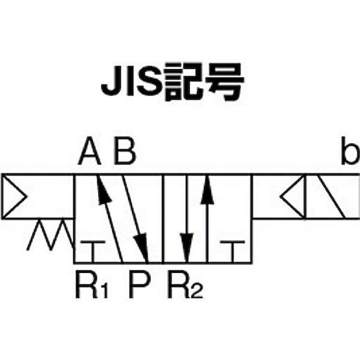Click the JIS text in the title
tap(132, 81)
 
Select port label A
tap(90, 151)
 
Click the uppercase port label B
tap(125, 151)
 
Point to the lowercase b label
tap(350, 151)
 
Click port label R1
tap(91, 284)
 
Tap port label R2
tap(185, 284)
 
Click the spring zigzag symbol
tap(50, 234)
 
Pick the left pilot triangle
tap(14, 197)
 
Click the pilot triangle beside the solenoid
tap(293, 197)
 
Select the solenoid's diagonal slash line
tap(331, 197)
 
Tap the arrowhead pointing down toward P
tap(142, 248)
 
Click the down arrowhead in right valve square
tap(187, 248)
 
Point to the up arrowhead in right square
tap(208, 190)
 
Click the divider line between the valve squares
tap(163, 219)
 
